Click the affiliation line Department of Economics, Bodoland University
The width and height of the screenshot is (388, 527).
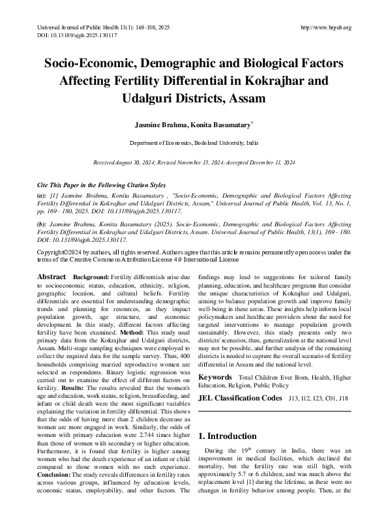pyautogui.click(x=194, y=142)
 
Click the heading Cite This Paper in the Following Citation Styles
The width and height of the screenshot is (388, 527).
pyautogui.click(x=101, y=185)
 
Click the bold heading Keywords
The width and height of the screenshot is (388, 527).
pyautogui.click(x=215, y=377)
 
